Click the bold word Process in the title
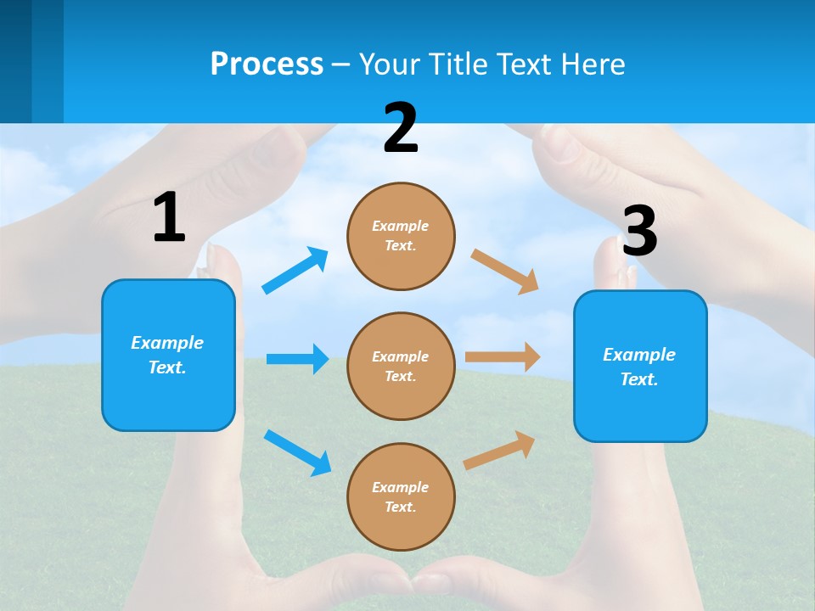(267, 64)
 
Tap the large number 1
(169, 217)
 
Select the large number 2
(401, 127)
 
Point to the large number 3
(639, 231)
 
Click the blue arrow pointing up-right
(295, 270)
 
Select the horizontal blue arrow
(297, 359)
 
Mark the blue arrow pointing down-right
(297, 452)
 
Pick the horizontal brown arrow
(503, 357)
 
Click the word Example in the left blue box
(167, 343)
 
